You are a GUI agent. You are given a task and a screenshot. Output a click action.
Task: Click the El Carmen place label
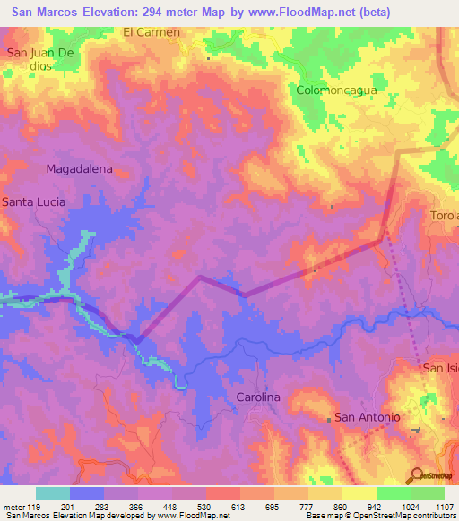tap(152, 32)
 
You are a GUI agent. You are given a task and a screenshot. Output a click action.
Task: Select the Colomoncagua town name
tap(335, 90)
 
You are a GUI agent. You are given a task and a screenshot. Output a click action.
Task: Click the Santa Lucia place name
tap(33, 202)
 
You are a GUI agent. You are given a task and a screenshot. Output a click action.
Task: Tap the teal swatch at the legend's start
tap(53, 493)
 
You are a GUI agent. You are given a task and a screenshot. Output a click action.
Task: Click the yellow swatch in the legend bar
tap(359, 493)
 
